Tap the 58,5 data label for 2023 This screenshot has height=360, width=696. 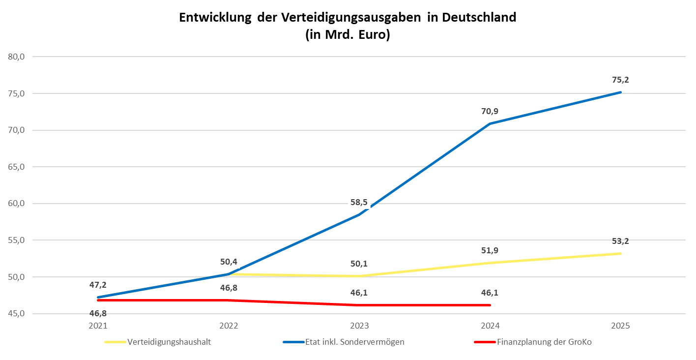tap(359, 202)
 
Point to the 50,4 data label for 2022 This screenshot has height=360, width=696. tap(229, 261)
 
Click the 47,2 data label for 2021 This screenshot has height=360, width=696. tap(98, 285)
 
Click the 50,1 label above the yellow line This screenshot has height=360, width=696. tap(359, 264)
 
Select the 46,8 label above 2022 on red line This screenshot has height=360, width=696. tap(229, 288)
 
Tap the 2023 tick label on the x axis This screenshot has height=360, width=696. tap(359, 326)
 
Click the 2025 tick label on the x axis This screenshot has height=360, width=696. tap(621, 326)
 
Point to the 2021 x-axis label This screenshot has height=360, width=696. tap(98, 326)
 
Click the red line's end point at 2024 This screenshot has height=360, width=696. tap(490, 305)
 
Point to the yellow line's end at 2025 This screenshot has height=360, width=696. tap(621, 253)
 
